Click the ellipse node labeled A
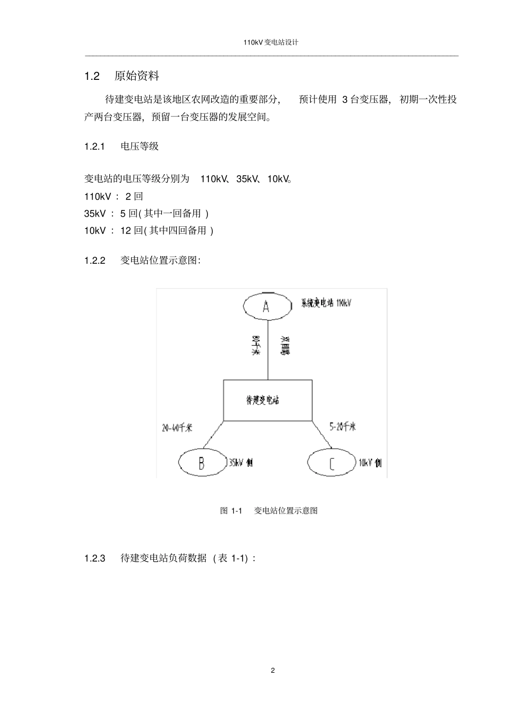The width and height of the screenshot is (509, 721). tap(266, 306)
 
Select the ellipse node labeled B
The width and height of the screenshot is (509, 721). tap(202, 462)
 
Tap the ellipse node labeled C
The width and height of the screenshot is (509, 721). tap(331, 463)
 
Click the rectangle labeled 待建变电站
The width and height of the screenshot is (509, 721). tap(267, 400)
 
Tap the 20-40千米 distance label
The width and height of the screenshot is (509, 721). tap(177, 428)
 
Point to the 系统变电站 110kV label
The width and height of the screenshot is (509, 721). tap(326, 303)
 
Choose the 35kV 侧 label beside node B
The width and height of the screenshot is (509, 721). tap(241, 462)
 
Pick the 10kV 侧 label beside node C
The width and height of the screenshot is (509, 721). tap(370, 463)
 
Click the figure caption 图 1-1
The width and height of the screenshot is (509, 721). tap(231, 510)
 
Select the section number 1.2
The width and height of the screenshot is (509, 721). tap(92, 76)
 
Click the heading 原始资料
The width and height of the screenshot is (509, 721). tap(137, 76)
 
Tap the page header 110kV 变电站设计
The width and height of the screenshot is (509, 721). tap(271, 42)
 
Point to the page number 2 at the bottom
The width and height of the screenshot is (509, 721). tap(273, 671)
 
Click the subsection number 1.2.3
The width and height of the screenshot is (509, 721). tap(94, 558)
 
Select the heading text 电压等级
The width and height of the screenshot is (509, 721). tap(140, 146)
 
